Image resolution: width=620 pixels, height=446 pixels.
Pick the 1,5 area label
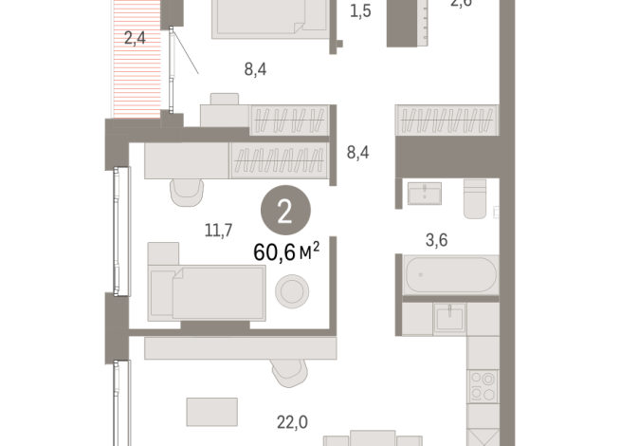(360, 11)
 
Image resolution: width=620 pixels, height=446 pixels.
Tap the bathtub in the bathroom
(448, 275)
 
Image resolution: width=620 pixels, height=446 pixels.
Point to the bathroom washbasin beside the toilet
(424, 194)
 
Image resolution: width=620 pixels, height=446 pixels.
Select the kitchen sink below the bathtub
(448, 318)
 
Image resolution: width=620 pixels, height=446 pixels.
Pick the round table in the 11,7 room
(290, 289)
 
